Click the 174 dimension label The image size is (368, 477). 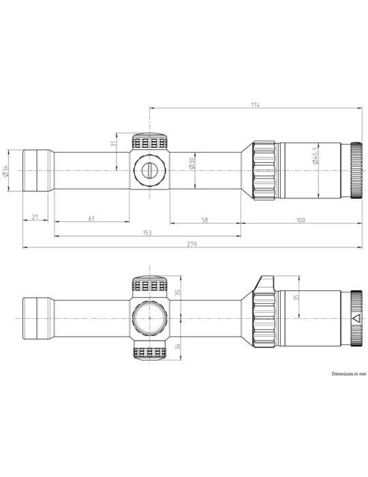click(x=255, y=105)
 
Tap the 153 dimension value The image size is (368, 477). click(x=147, y=232)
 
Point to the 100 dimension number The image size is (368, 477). click(x=301, y=219)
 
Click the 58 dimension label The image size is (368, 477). click(x=205, y=219)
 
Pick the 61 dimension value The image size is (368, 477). click(x=91, y=219)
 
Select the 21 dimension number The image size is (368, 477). click(x=35, y=219)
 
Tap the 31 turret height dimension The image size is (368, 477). click(x=114, y=144)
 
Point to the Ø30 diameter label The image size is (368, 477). click(x=192, y=164)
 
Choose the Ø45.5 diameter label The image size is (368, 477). click(x=315, y=158)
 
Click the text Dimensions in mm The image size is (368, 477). click(x=349, y=374)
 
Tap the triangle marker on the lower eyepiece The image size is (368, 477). click(x=355, y=318)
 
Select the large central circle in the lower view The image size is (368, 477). click(x=149, y=318)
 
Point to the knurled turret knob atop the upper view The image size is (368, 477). click(x=149, y=142)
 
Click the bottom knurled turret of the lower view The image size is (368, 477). click(x=149, y=353)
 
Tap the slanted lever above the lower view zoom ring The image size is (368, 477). click(x=266, y=282)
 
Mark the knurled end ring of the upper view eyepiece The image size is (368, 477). click(x=356, y=170)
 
